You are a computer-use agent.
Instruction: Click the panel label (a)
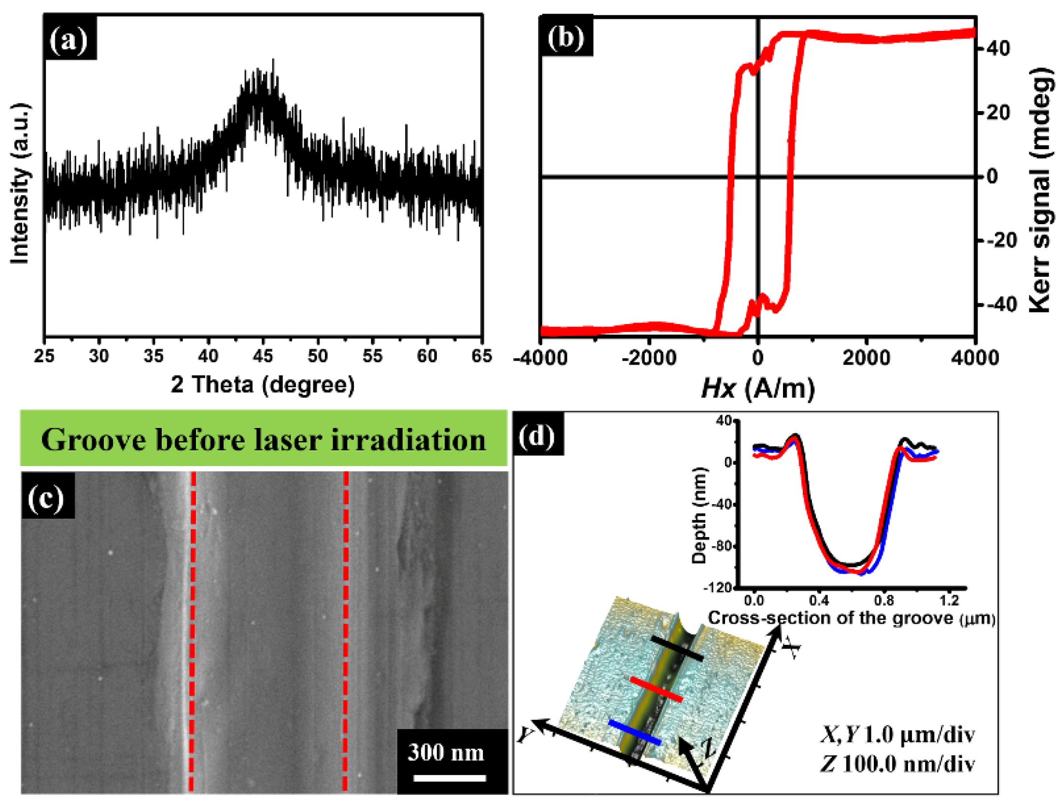[x=70, y=39]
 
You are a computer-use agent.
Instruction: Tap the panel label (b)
[x=566, y=37]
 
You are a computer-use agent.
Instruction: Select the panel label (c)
[x=47, y=497]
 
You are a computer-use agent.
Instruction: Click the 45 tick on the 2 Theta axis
[x=263, y=356]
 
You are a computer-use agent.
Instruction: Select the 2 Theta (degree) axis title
[x=263, y=385]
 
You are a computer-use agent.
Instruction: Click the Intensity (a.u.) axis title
[x=20, y=184]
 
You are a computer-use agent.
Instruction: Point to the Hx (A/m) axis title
[x=757, y=388]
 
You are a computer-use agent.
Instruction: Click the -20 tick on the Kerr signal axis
[x=1001, y=241]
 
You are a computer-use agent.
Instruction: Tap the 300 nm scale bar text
[x=446, y=752]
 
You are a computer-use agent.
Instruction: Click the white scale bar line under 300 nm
[x=449, y=778]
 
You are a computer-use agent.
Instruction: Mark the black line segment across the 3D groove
[x=677, y=649]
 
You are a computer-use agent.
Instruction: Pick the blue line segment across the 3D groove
[x=634, y=732]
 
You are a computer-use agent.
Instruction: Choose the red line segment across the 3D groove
[x=656, y=690]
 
